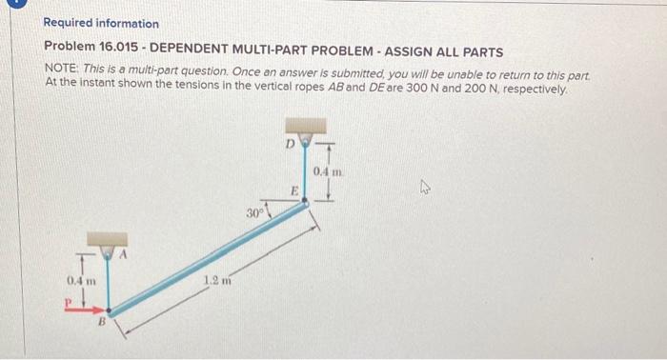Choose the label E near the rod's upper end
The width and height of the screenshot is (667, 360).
(x=295, y=192)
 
